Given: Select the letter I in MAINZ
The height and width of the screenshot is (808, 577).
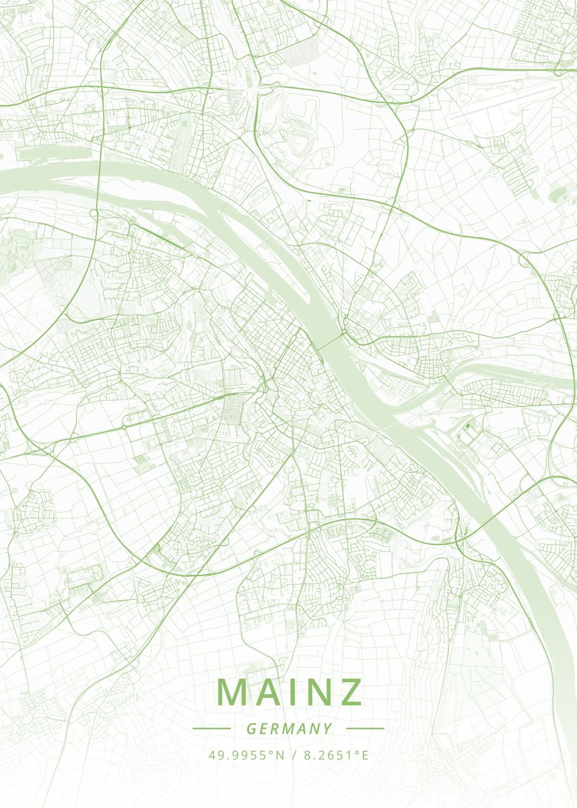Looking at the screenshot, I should click(294, 692).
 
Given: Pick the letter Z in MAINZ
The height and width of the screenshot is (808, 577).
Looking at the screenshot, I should click(352, 692).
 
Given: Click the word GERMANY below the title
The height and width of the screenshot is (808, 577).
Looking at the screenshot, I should click(289, 729).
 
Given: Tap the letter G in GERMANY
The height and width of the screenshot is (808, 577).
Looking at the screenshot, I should click(250, 729).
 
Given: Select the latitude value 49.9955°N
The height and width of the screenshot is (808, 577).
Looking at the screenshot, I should click(246, 755).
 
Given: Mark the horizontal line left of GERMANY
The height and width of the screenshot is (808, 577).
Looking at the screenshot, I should click(211, 729).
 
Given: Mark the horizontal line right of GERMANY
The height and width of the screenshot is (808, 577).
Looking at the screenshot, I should click(365, 729).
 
